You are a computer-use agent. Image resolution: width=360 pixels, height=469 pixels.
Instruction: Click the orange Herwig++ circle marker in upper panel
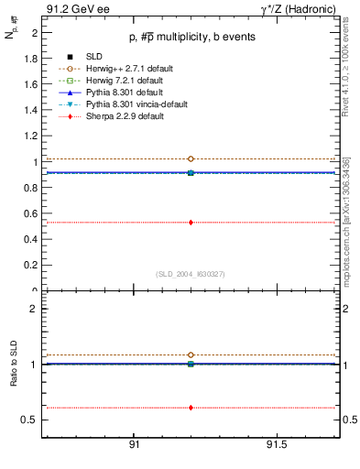coord(191,159)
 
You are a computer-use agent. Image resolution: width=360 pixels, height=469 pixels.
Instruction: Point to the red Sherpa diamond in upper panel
coord(191,222)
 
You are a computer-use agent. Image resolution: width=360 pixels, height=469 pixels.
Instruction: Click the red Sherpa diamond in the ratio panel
coord(191,408)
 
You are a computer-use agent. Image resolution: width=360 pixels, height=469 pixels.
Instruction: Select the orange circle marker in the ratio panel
coord(191,354)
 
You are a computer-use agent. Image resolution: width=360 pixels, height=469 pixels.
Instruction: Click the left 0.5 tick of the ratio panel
coord(32,420)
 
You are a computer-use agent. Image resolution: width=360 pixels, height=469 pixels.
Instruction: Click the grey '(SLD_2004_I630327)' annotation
coord(190,273)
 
